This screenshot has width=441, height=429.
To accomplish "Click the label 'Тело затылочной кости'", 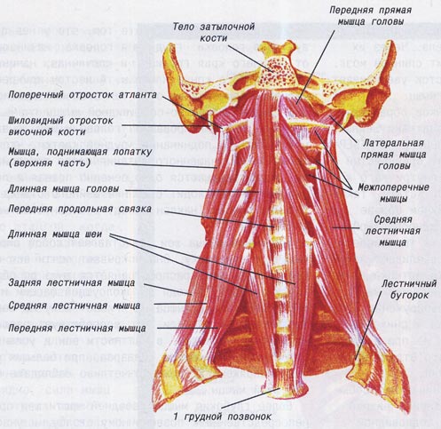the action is [x=214, y=32].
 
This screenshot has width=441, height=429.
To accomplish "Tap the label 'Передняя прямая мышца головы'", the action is [x=371, y=16].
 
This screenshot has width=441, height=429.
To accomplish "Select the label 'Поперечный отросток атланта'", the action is [x=83, y=95].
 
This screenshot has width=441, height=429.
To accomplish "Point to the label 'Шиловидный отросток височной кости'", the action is [x=60, y=126].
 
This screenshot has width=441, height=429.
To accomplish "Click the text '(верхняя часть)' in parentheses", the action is [x=49, y=163].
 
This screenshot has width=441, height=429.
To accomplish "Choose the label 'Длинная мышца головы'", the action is [x=64, y=189].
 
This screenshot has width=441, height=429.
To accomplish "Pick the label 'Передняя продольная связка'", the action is [x=80, y=209].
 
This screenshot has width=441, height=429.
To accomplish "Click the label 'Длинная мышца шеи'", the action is [x=55, y=234].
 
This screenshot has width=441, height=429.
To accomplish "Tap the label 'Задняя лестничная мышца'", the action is [x=72, y=282].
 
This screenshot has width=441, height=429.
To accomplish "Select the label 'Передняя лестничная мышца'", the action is [x=77, y=328].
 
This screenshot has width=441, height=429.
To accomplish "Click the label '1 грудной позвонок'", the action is [x=222, y=417].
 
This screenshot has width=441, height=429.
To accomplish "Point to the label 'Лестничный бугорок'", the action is [x=409, y=289].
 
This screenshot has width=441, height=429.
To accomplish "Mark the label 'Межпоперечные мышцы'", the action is [x=393, y=193].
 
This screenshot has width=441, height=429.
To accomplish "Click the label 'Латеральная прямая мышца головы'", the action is [x=393, y=155].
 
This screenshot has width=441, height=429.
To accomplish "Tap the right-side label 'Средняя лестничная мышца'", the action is [x=393, y=231].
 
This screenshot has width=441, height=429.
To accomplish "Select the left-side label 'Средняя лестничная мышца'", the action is [x=75, y=306].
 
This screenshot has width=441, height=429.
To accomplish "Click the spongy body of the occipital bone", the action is [x=277, y=73].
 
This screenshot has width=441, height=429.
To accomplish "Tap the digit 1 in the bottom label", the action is [x=176, y=416].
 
